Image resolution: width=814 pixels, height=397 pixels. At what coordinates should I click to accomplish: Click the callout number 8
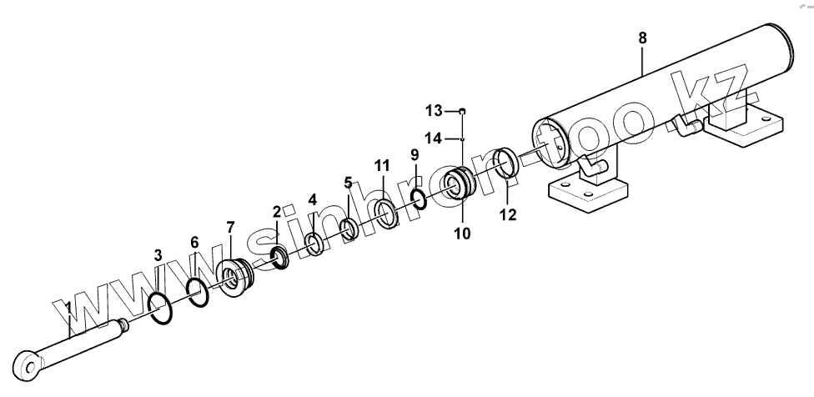(641, 38)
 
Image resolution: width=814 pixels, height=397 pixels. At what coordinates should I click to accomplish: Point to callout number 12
(507, 215)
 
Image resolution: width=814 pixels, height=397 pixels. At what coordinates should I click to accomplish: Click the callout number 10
(461, 234)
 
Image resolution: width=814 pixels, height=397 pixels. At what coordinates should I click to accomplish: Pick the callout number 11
(380, 165)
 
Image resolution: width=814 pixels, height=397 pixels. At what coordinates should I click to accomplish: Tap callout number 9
(414, 154)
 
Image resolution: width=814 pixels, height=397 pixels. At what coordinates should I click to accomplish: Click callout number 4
(312, 199)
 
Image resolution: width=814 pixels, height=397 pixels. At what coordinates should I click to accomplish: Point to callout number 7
(230, 228)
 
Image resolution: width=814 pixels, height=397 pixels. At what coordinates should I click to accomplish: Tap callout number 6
(194, 242)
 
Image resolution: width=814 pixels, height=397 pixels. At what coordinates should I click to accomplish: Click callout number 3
(158, 254)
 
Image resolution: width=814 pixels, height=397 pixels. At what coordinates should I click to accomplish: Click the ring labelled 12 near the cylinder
(507, 163)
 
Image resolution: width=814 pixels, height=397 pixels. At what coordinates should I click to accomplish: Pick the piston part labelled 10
(459, 183)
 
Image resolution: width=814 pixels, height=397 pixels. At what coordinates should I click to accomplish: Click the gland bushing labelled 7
(234, 277)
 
